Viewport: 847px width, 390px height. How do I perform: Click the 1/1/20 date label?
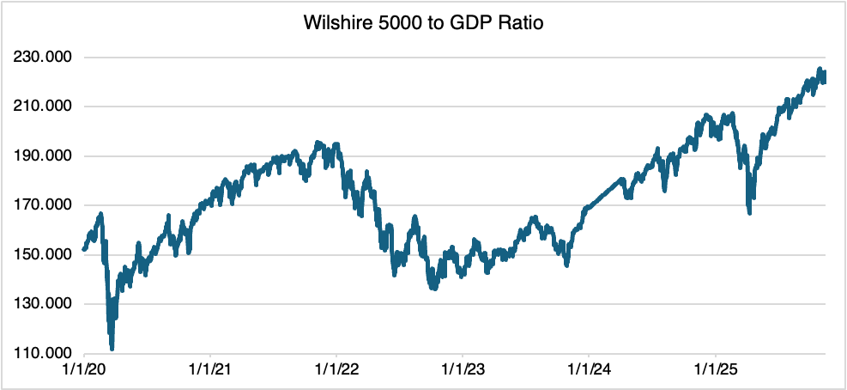[x=84, y=369]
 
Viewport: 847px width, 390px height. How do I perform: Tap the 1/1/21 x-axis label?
[x=210, y=369]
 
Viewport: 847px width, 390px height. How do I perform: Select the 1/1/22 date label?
[x=336, y=369]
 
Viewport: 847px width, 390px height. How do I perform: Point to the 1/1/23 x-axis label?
[x=463, y=369]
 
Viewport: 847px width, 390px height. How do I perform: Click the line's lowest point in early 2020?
[x=112, y=348]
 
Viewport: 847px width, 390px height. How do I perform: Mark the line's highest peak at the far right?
[x=820, y=69]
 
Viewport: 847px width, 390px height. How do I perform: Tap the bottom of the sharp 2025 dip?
[x=750, y=212]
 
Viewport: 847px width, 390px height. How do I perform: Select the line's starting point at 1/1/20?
[x=84, y=249]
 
